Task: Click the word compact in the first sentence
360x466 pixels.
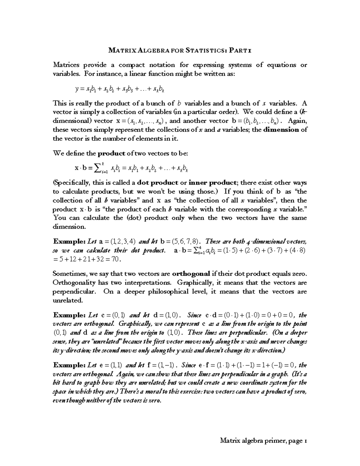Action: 131,65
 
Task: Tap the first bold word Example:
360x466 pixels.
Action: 69,242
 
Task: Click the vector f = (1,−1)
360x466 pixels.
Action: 161,365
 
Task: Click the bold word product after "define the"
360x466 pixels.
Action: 112,153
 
